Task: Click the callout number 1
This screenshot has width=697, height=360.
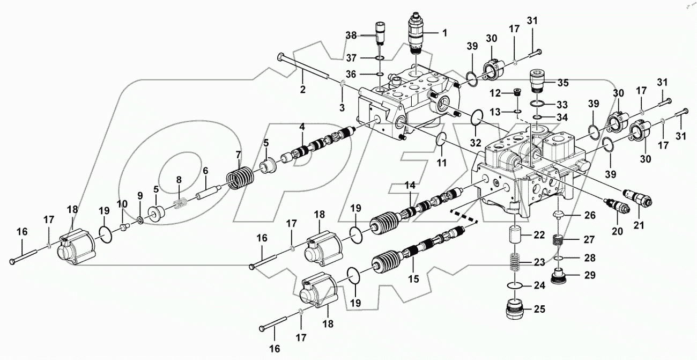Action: click(x=444, y=32)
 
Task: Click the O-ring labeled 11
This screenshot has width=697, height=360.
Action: click(x=441, y=138)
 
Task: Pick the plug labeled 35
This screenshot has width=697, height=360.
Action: click(x=537, y=80)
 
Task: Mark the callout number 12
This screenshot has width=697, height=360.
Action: click(x=496, y=93)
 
